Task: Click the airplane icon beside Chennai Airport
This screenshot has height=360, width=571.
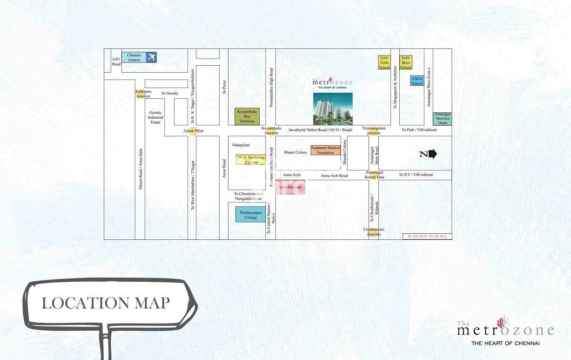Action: pos(151,57)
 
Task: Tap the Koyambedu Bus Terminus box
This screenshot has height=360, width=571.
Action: pos(247,116)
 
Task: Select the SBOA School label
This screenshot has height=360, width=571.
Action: pos(417,81)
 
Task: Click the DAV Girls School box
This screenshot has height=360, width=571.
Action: pos(384,62)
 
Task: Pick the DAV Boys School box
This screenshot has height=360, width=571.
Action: pos(406,62)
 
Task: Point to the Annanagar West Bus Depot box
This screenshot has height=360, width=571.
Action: pos(443,119)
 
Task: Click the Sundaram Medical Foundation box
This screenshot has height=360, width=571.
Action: pos(326,150)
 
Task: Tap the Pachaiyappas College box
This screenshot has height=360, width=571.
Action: pos(250,215)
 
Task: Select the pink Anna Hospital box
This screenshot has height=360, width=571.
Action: pos(290,187)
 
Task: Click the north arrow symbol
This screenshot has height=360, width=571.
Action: pos(429,154)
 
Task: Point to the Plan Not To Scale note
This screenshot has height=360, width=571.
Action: pos(427,236)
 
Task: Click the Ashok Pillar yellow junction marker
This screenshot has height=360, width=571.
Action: pos(193,131)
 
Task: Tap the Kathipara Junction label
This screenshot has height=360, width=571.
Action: pos(143,94)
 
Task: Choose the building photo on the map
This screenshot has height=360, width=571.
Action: pos(332,109)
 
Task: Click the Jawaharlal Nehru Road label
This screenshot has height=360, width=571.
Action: pos(320,130)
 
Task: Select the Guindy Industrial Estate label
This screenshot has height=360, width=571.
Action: pos(155,117)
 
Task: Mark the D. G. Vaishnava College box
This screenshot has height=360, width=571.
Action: pos(251,160)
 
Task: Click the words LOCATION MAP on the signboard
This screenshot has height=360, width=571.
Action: pos(106,303)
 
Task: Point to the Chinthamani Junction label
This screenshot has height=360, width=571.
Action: pos(373,231)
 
